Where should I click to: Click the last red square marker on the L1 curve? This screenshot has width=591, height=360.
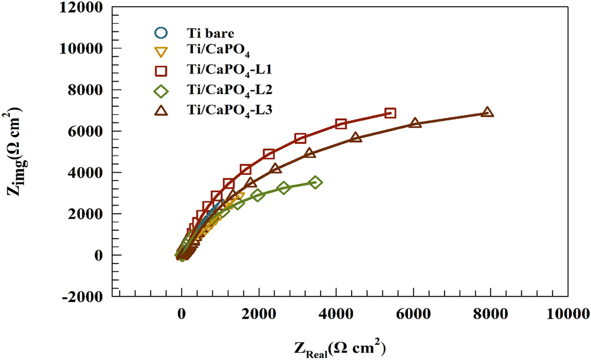coord(390,113)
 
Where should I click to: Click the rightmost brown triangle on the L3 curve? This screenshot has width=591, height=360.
coord(487,112)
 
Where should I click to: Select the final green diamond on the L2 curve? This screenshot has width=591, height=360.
coord(315,182)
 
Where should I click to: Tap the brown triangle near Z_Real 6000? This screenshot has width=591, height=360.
coord(415,123)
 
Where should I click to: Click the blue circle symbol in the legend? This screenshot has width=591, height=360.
coord(160,32)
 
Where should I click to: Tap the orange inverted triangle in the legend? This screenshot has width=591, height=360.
coord(160,52)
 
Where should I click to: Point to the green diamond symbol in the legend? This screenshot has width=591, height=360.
coord(160,91)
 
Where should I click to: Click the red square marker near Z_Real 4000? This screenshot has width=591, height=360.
coord(341,124)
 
